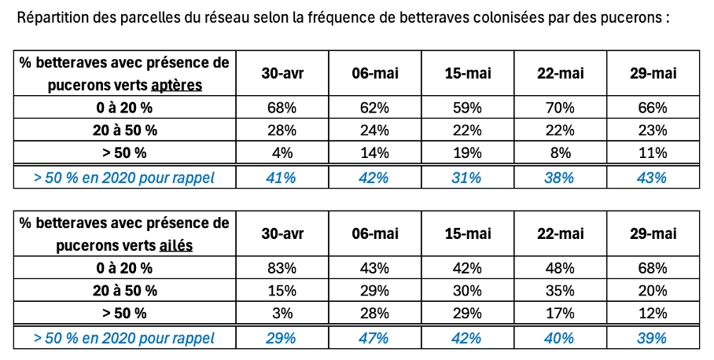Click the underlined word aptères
pos(176,85)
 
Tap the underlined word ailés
pos(176,245)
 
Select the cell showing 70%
pos(560,108)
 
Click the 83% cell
pos(282,268)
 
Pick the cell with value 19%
pos(467,152)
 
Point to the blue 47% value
pos(374,338)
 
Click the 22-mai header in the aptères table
pos(560,73)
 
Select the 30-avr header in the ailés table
pos(282,233)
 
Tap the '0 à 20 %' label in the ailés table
pos(124,268)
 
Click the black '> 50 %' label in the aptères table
pos(124,152)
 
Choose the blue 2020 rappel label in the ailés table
pos(124,338)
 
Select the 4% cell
pos(282,152)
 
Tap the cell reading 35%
pos(560,290)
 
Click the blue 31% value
pos(467,178)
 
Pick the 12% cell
pos(653,313)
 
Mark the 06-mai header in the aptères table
pos(374,73)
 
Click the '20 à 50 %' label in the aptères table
pos(124,130)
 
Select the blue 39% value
pos(653,338)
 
